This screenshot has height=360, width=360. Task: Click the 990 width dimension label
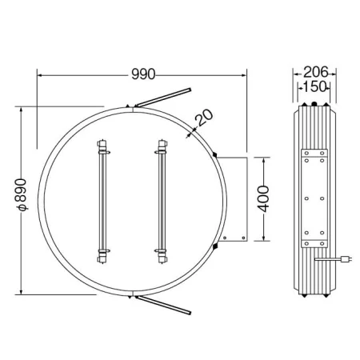click(143, 74)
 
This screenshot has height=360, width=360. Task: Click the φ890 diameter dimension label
click(21, 195)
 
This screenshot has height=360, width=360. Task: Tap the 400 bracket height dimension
click(264, 199)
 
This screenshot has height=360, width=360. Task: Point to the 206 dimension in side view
click(315, 72)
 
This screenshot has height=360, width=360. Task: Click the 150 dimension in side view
click(314, 86)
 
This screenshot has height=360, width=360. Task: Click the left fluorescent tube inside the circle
click(102, 202)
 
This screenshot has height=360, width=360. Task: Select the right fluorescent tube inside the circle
click(162, 202)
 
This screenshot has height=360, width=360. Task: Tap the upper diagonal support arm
click(163, 97)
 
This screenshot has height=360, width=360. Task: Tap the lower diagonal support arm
click(163, 305)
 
